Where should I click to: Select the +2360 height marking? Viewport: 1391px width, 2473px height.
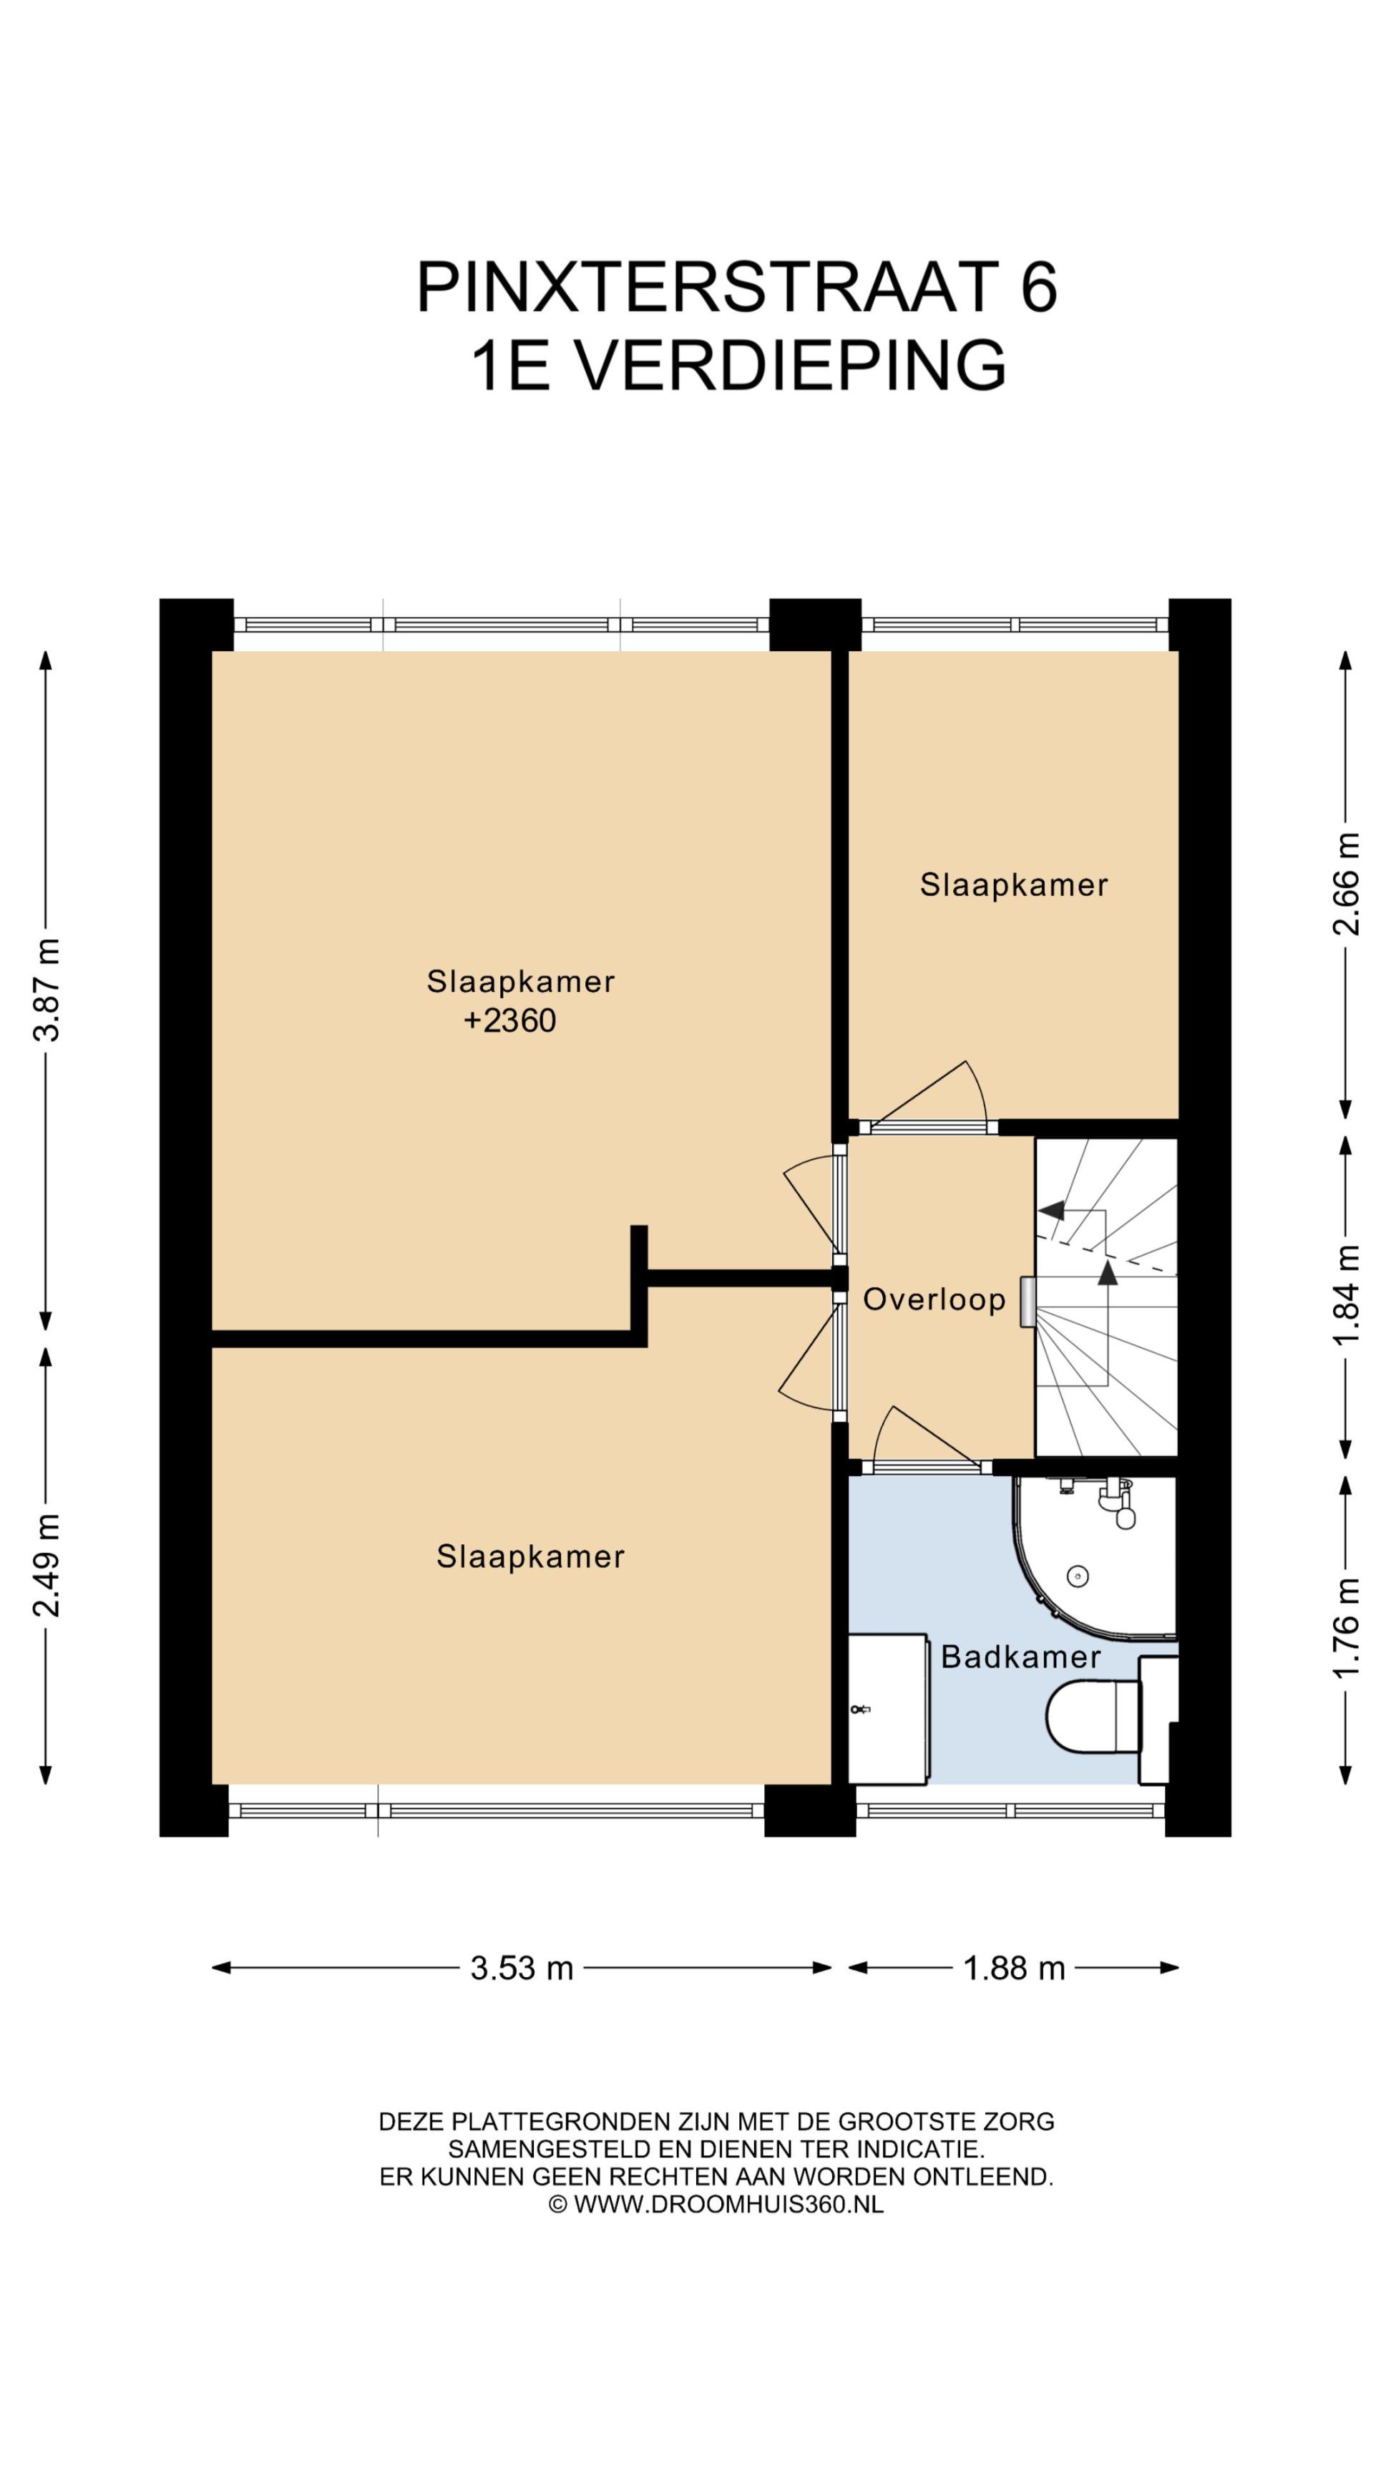[509, 1020]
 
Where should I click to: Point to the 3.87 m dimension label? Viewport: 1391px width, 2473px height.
[46, 990]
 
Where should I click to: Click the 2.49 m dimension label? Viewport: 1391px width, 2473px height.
[46, 1565]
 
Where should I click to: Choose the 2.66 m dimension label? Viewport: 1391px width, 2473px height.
[1346, 883]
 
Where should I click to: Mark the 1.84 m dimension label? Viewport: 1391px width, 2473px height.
[1346, 1295]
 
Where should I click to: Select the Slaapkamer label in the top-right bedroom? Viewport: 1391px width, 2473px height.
[1014, 884]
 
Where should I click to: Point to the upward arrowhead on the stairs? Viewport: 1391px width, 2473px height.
[1108, 1272]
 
